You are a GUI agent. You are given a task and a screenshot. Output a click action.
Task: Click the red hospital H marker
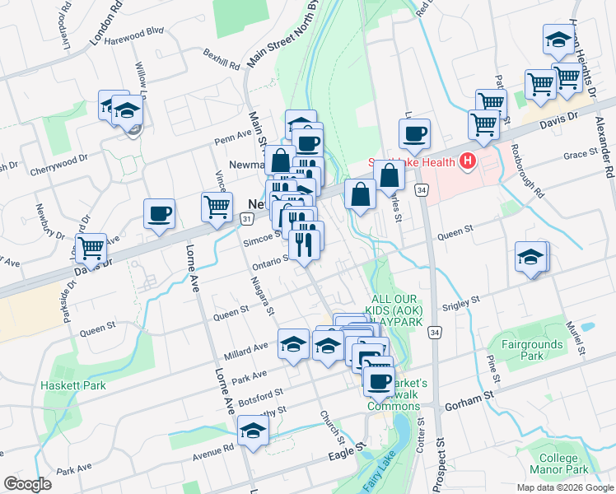(x=469, y=161)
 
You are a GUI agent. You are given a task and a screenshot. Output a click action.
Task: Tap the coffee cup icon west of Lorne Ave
(x=160, y=213)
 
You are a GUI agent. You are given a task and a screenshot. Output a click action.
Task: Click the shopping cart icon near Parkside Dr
(x=91, y=247)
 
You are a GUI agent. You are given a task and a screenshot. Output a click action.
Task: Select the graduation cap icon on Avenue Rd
(x=254, y=431)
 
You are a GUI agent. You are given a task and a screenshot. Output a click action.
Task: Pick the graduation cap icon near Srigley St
(x=530, y=257)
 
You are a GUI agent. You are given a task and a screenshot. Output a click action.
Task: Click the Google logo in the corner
(x=26, y=484)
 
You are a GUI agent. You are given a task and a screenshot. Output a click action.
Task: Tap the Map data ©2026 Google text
(x=565, y=487)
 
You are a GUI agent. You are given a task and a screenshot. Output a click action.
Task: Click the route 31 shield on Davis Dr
(x=247, y=217)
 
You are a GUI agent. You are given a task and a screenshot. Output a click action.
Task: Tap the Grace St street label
(x=580, y=155)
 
